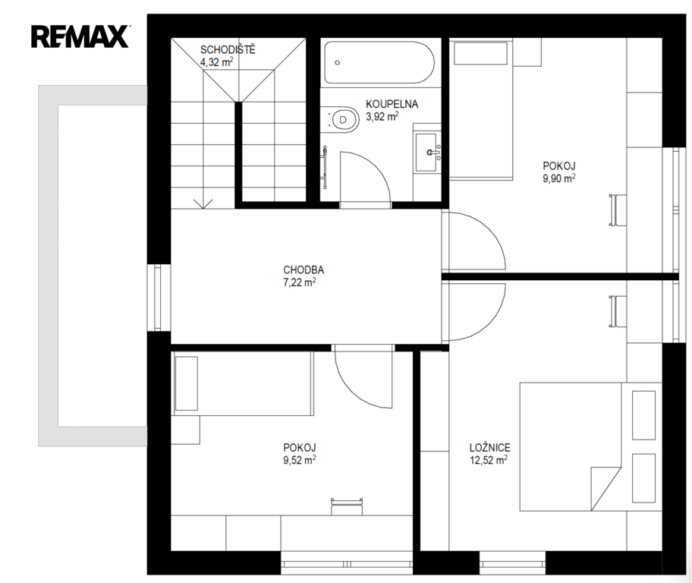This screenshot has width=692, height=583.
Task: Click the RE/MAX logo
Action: (80, 36)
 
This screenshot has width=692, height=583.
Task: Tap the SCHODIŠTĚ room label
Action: (228, 49)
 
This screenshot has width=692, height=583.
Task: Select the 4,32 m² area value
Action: (217, 61)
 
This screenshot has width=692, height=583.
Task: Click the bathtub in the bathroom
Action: (379, 62)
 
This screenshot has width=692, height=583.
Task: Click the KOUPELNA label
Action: (392, 104)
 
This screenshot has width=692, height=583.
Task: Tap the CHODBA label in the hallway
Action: (304, 269)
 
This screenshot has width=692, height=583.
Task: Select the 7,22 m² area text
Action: (300, 282)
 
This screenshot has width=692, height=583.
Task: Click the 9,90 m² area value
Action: (559, 178)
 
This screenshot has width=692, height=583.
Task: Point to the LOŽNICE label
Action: (490, 448)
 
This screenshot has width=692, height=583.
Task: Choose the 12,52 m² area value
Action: (489, 460)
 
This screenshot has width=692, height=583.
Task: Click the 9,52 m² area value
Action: (300, 460)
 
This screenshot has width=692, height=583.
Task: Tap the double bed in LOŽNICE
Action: (590, 446)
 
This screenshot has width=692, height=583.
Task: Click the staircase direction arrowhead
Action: (203, 203)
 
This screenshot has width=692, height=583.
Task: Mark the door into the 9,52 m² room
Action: (363, 377)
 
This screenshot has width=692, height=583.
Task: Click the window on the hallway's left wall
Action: (159, 298)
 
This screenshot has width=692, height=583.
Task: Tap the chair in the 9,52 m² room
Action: (347, 506)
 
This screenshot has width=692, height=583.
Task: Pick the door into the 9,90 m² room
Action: (473, 241)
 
